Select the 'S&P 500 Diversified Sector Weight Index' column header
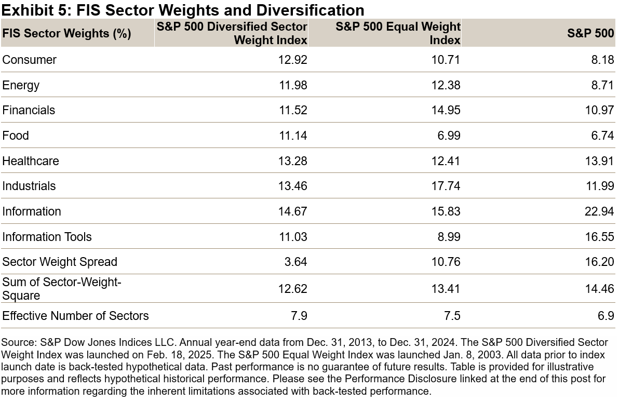[x=232, y=33]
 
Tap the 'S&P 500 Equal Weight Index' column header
[x=398, y=33]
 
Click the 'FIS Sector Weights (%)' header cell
[x=66, y=34]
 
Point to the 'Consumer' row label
[x=30, y=60]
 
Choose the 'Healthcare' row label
[x=31, y=161]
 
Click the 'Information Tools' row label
[x=47, y=237]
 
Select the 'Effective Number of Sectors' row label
[x=75, y=316]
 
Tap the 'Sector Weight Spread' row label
[x=60, y=262]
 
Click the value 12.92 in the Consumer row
[x=293, y=60]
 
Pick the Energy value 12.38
[x=446, y=85]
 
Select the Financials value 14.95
[x=446, y=110]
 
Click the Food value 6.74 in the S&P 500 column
[x=602, y=136]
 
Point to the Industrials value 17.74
[x=446, y=186]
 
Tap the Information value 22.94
[x=599, y=211]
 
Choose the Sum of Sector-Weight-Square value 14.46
[x=599, y=289]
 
